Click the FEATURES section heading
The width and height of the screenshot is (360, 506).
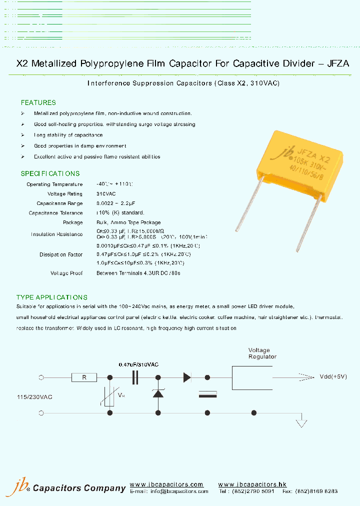[38, 102]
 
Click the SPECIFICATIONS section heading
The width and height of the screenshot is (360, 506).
[50, 173]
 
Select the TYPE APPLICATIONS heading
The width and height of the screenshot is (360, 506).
[52, 297]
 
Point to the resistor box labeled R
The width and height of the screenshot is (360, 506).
[84, 377]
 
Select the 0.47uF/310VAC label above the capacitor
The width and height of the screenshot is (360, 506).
[138, 364]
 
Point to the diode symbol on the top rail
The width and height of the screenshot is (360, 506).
[187, 377]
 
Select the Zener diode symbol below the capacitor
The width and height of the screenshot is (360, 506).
[158, 394]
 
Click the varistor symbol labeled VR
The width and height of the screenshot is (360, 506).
[110, 395]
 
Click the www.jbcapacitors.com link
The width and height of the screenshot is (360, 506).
[166, 484]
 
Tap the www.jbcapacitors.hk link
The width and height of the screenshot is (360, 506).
[252, 484]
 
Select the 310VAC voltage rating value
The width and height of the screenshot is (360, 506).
[106, 194]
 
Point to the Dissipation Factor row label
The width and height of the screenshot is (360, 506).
[61, 254]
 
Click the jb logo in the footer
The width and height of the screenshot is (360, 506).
[17, 486]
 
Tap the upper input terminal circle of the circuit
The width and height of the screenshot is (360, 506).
[41, 377]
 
